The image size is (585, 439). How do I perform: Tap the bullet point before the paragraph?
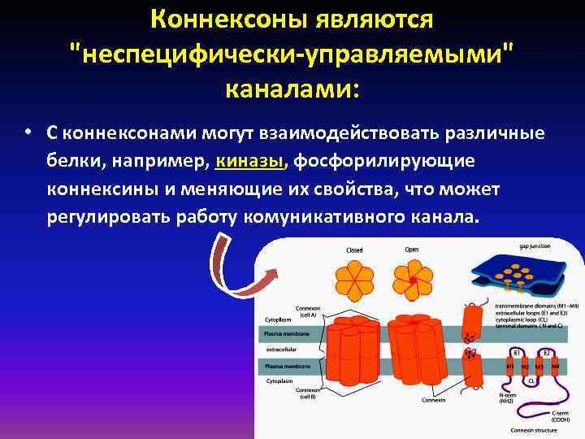coord(27,133)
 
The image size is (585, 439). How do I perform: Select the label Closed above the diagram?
coord(354,250)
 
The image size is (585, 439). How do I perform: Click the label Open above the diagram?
coord(412,250)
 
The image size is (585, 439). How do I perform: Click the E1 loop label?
coord(517,353)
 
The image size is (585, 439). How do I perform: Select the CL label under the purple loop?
coord(531,380)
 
